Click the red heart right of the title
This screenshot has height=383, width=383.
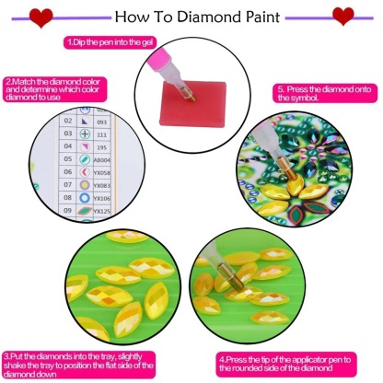[x=343, y=16]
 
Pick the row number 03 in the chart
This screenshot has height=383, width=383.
[x=66, y=133]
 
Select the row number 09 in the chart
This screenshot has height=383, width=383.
[x=66, y=211]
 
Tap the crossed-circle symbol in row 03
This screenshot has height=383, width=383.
[x=83, y=133]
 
